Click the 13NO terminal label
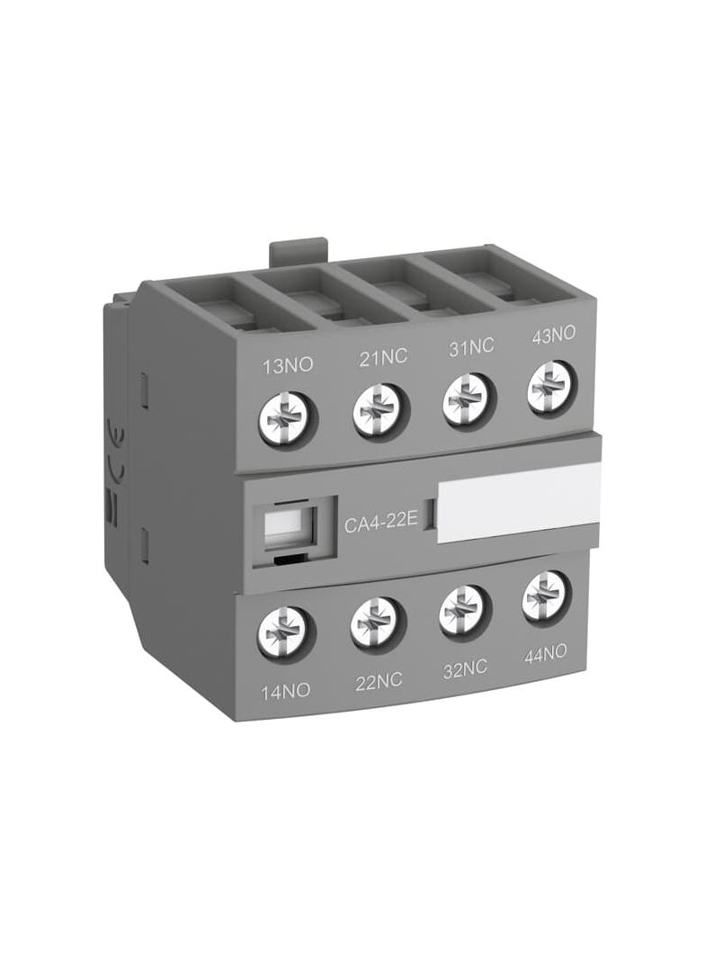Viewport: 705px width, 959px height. click(281, 367)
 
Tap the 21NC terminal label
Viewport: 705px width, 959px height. click(383, 356)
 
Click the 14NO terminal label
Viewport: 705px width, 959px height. click(284, 691)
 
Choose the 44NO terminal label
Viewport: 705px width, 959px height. click(546, 654)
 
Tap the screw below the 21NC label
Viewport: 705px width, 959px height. click(377, 410)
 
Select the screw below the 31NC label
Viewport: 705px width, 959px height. click(466, 401)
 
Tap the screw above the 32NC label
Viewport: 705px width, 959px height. click(462, 611)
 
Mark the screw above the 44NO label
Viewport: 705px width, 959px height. click(545, 595)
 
